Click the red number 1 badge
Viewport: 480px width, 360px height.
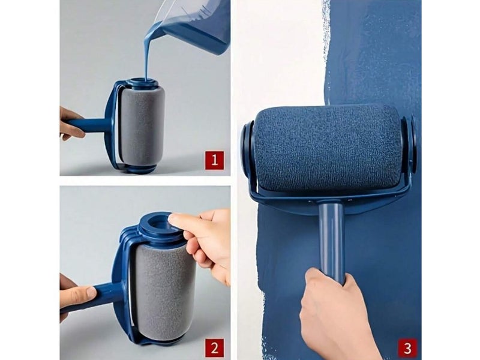pos(215,160)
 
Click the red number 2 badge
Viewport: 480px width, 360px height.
pos(215,348)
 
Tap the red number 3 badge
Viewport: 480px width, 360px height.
pos(407,348)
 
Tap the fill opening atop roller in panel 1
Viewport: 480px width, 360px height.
pos(142,82)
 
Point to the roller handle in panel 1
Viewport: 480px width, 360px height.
pos(89,125)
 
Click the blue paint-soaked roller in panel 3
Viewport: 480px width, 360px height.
pos(328,148)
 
